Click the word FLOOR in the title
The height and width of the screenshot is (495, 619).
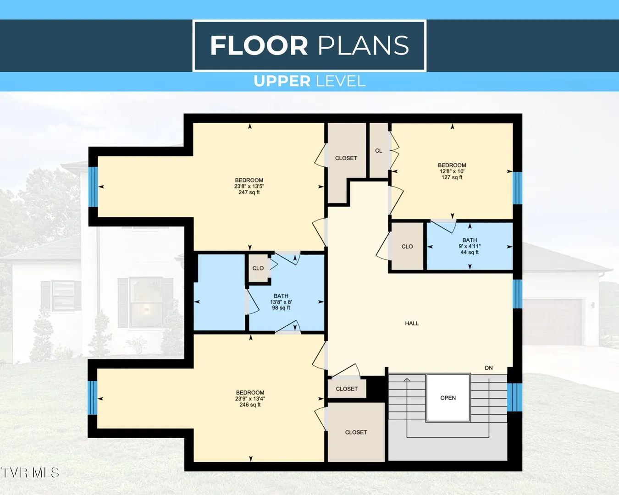[x=259, y=45]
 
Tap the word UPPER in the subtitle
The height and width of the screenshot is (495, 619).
[x=282, y=81]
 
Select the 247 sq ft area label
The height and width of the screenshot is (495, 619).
[x=249, y=186]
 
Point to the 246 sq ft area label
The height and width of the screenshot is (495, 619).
[x=250, y=399]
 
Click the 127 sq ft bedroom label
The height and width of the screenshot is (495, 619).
[x=452, y=171]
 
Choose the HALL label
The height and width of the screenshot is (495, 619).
[x=412, y=323]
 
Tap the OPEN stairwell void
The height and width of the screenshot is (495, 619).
[x=448, y=398]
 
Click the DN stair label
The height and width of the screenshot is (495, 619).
[x=489, y=368]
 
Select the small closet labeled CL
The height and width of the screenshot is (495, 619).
[x=379, y=150]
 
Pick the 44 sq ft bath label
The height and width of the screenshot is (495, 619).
[x=470, y=246]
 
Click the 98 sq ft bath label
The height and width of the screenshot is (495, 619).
[x=281, y=302]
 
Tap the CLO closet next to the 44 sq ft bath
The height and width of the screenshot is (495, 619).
[x=407, y=247]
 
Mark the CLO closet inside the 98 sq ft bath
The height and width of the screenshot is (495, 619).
[x=258, y=268]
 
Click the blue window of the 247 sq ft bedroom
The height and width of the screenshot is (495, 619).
[x=93, y=187]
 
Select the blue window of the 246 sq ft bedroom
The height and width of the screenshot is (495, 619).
[x=92, y=398]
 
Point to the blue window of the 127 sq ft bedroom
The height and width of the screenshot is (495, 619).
[x=517, y=188]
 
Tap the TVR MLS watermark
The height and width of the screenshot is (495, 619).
[x=30, y=473]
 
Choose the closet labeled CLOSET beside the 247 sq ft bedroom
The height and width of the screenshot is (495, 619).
[x=346, y=158]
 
